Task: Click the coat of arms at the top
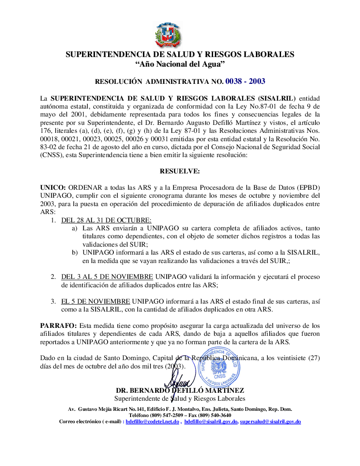click(168, 35)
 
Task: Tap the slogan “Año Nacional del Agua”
click(180, 64)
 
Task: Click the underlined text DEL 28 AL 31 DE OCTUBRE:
click(106, 220)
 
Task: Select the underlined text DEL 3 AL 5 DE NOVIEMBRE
click(107, 277)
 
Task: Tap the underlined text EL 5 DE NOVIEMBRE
click(96, 301)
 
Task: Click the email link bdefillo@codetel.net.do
click(152, 421)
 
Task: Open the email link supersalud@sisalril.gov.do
click(270, 421)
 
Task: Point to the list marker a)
click(75, 228)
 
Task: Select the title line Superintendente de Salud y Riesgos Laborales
click(180, 399)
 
